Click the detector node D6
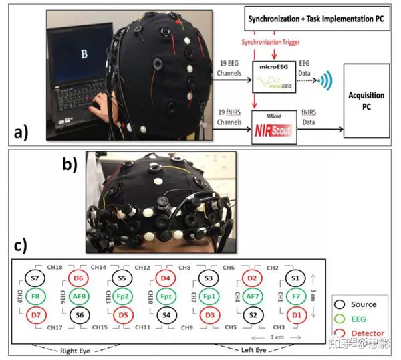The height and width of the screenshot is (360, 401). (x=79, y=277)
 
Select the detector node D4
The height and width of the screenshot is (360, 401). (x=167, y=277)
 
